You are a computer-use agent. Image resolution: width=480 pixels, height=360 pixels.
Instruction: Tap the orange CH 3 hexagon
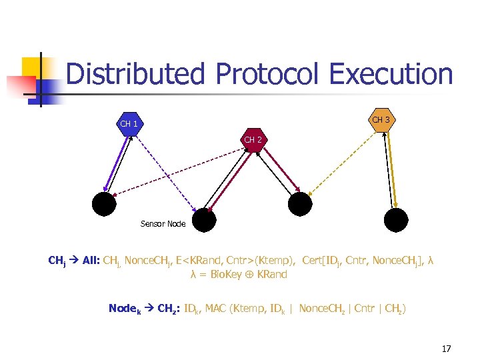(x=381, y=120)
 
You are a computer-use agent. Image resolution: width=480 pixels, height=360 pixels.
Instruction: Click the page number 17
(x=447, y=349)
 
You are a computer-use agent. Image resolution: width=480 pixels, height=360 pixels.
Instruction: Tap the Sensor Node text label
(x=163, y=224)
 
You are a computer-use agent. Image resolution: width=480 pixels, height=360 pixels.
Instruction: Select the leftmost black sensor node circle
(x=105, y=203)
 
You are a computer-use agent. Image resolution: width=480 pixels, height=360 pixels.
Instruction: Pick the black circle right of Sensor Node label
(x=204, y=219)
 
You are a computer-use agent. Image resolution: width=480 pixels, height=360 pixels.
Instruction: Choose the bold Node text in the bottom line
(x=123, y=308)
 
